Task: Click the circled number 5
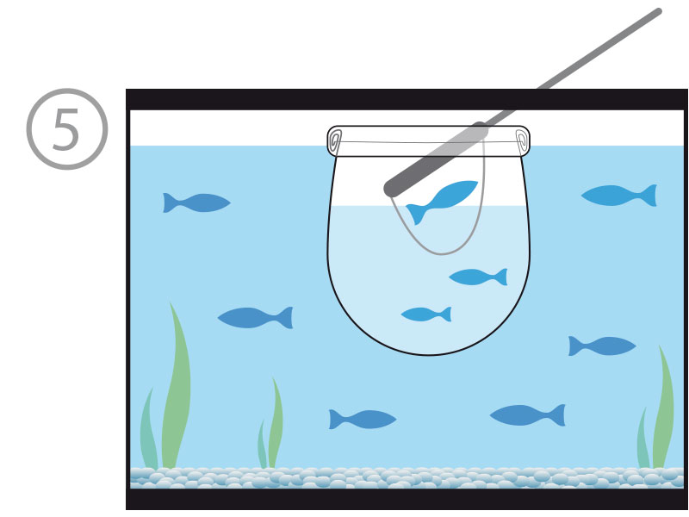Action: [67, 128]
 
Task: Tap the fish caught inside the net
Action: [442, 202]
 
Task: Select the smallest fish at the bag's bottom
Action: [426, 315]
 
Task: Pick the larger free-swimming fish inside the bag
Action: [478, 277]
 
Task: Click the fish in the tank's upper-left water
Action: [196, 202]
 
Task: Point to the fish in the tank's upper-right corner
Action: [618, 196]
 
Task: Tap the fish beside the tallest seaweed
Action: [255, 317]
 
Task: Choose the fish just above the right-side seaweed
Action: [601, 346]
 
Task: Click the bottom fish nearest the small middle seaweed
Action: [363, 420]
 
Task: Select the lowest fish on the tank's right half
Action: [527, 415]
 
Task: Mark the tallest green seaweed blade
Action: [177, 387]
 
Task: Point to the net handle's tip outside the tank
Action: [659, 11]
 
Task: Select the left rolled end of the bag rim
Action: [335, 141]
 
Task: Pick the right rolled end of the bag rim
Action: [523, 141]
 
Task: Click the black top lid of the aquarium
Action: [407, 99]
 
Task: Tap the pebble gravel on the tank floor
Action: [407, 478]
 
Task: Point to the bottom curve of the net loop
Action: [441, 253]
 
